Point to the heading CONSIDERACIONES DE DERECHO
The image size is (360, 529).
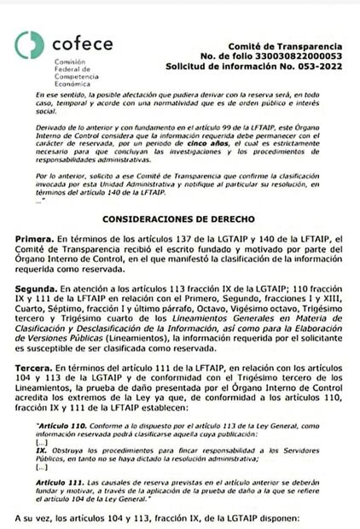[x=178, y=217]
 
